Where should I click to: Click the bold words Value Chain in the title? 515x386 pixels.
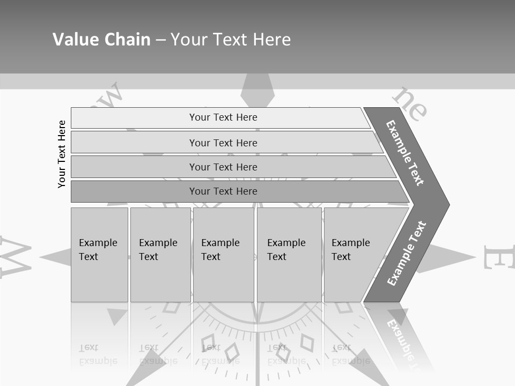point(101,39)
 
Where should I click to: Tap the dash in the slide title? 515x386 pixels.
point(160,40)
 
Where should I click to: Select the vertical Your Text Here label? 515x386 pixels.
point(62,154)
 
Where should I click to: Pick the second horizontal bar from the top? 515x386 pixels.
point(223,143)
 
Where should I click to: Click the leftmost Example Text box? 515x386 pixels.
point(99,255)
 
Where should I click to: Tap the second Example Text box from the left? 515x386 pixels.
point(160,255)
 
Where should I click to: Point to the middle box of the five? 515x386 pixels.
point(223,255)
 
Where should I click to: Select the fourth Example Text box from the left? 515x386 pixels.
point(289,255)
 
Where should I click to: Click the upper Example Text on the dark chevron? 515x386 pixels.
point(405,153)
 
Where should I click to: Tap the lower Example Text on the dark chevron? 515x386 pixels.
point(407,254)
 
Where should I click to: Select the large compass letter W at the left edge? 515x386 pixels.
point(15,256)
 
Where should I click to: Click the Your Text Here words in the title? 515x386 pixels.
point(231,40)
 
